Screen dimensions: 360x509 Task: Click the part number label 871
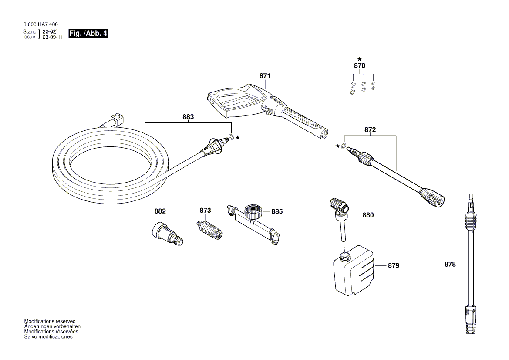(265, 76)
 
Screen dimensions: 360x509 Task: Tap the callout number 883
(188, 117)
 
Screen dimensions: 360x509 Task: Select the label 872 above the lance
(370, 130)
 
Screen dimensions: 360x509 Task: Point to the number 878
(450, 264)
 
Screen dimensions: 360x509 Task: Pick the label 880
(368, 215)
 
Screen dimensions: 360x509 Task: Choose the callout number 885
(277, 212)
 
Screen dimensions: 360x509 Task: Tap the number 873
(205, 211)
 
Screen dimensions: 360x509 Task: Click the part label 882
(160, 211)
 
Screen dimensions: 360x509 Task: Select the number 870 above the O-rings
(359, 66)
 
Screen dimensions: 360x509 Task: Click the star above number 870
(359, 59)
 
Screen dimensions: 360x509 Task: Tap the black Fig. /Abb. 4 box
(88, 34)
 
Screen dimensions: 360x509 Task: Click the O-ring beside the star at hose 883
(232, 137)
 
